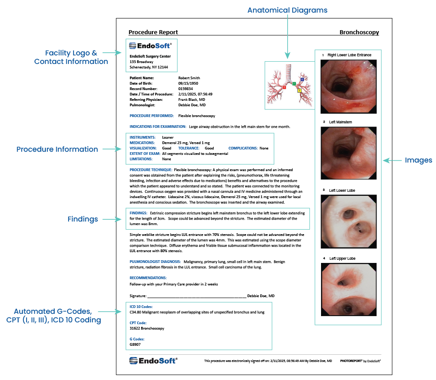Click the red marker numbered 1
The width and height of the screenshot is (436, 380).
pyautogui.click(x=284, y=87)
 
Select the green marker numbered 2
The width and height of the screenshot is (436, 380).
pyautogui.click(x=294, y=84)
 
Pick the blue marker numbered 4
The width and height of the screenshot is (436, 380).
pyautogui.click(x=302, y=79)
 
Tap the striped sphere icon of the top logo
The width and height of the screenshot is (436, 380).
pyautogui.click(x=133, y=45)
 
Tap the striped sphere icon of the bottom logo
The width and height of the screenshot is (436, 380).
pyautogui.click(x=133, y=361)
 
